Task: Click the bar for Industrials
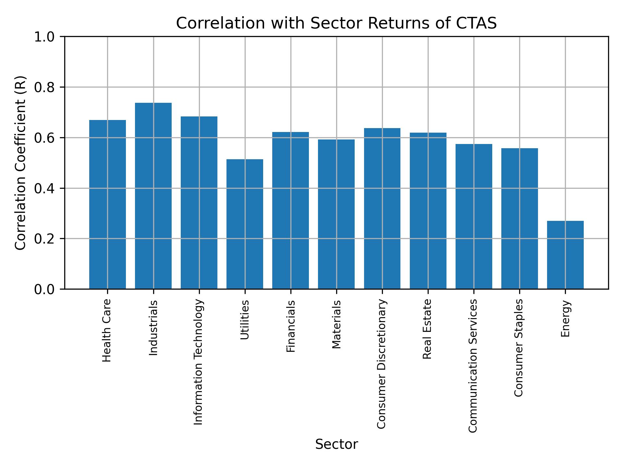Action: [x=153, y=196]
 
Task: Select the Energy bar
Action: [x=565, y=255]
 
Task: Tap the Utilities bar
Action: [x=245, y=224]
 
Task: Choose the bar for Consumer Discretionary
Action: [x=382, y=209]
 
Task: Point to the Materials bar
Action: [x=336, y=214]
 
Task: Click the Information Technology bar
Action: [x=199, y=203]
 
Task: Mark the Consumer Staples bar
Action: [x=519, y=219]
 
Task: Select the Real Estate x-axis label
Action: [x=427, y=329]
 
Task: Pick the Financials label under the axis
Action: [x=290, y=326]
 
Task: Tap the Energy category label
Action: [x=565, y=319]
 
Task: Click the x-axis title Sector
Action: [x=336, y=444]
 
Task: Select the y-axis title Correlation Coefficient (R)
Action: [x=20, y=163]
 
